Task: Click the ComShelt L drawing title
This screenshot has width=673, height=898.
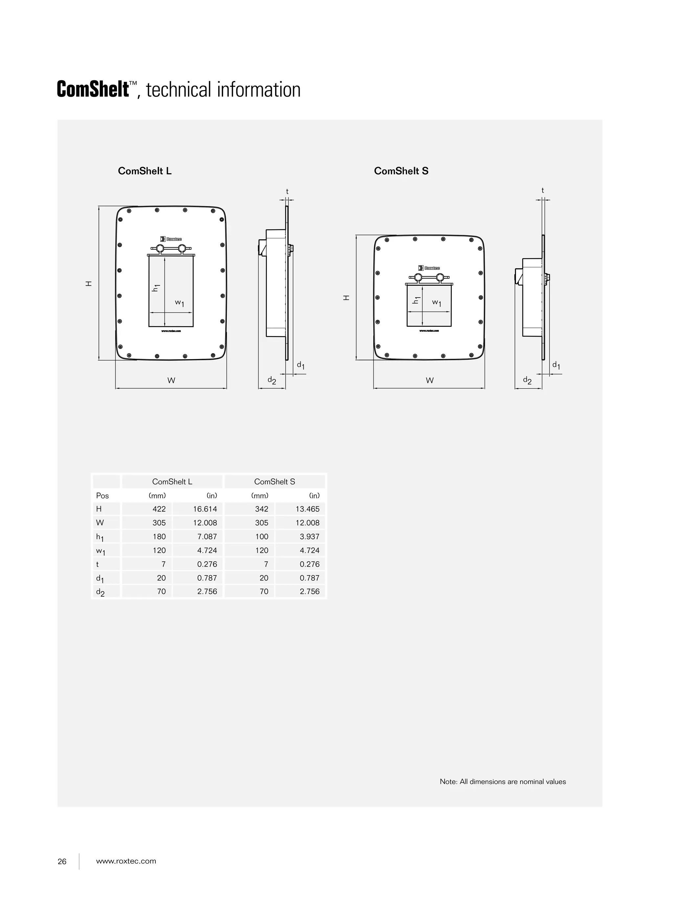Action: [144, 171]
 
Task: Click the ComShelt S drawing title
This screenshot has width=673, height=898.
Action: [401, 171]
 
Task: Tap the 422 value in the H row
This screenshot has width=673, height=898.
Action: [159, 509]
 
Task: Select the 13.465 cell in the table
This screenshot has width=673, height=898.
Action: [307, 509]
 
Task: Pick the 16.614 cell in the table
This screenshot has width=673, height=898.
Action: [205, 509]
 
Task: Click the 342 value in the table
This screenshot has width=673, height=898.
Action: [262, 509]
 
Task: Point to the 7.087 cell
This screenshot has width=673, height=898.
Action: [207, 537]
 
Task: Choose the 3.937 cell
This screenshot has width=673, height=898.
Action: [310, 537]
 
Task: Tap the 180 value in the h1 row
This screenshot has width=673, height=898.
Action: [159, 537]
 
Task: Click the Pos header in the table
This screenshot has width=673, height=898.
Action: [102, 496]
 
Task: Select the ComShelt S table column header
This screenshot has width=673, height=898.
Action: [275, 482]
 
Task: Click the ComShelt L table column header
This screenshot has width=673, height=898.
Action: [172, 482]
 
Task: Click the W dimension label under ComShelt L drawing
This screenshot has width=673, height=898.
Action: [171, 381]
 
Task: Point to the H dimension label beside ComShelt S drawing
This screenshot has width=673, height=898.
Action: [346, 298]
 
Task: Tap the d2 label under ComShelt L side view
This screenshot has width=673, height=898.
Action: [271, 380]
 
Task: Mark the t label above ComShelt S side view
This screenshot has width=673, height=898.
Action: [542, 190]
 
